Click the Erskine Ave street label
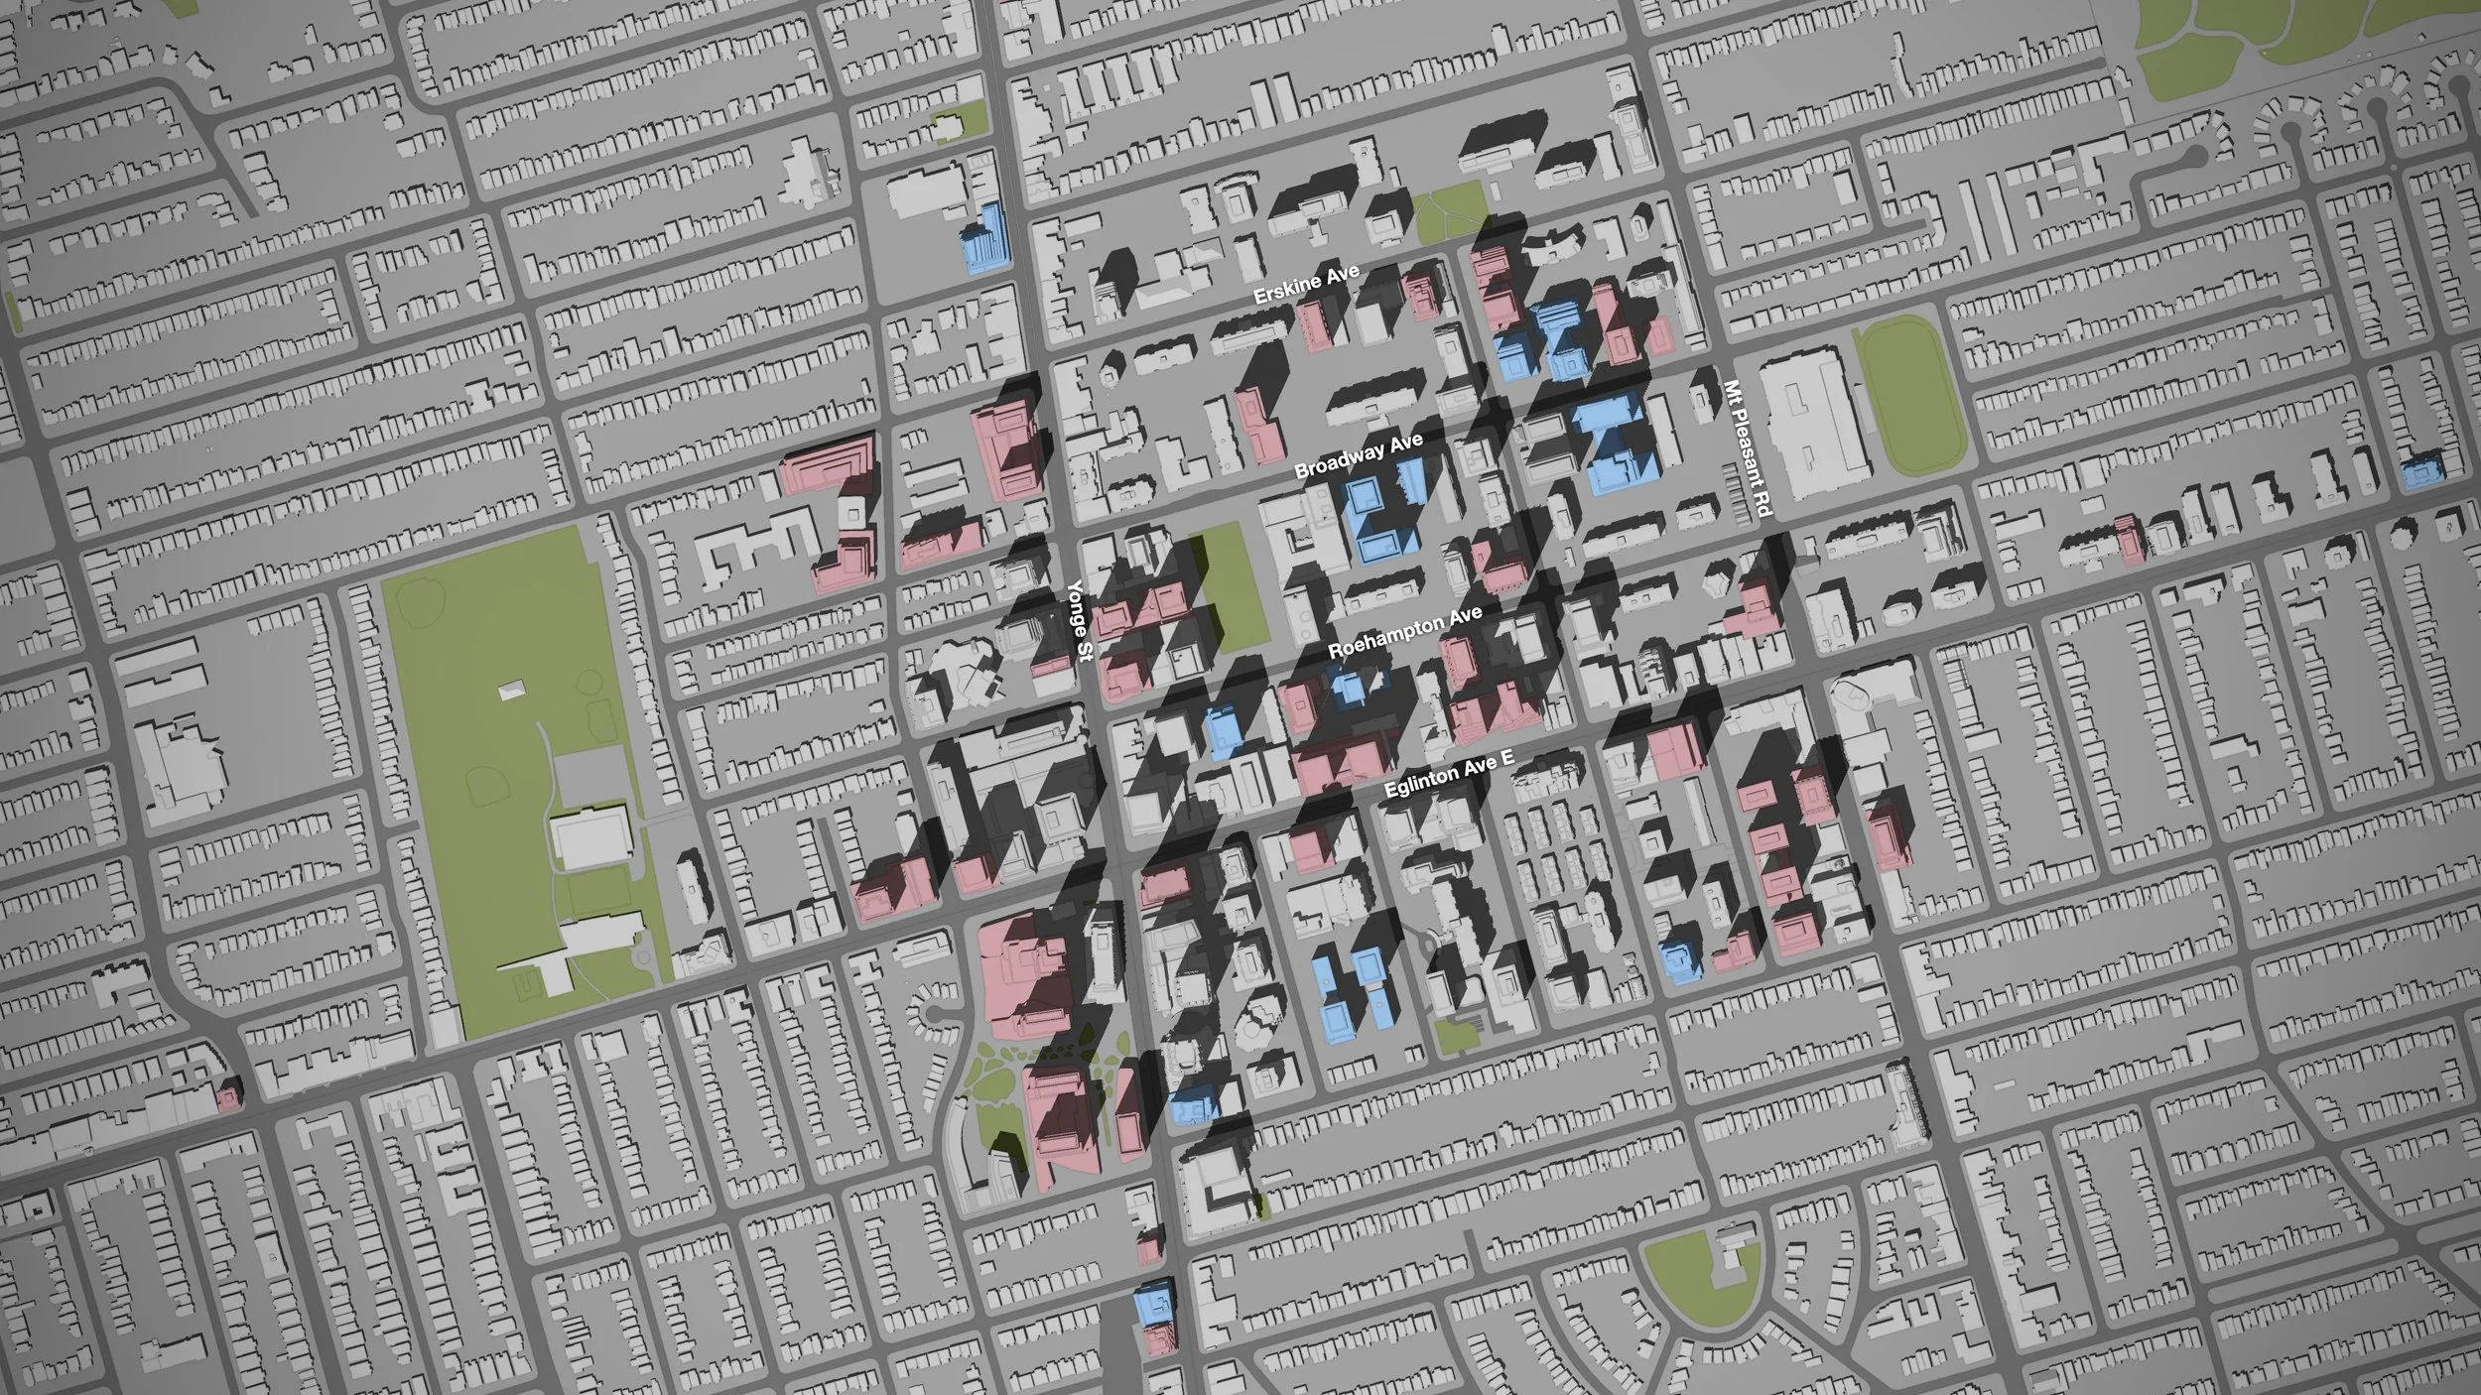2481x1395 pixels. coord(1306,284)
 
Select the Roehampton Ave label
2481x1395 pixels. coord(1404,632)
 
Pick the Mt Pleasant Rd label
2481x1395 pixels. coord(1747,448)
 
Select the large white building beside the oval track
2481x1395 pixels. coord(1806,427)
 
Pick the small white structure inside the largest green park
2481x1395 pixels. coord(512,692)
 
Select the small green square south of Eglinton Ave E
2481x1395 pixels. coord(1455,1036)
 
